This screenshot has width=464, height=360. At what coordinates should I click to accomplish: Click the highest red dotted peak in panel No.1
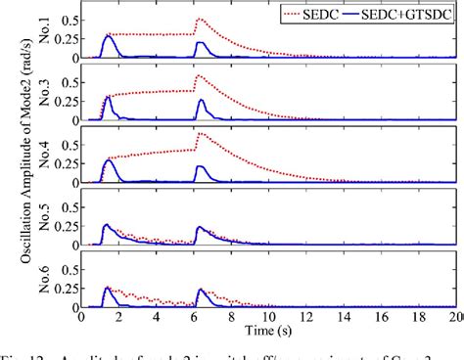point(200,19)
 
